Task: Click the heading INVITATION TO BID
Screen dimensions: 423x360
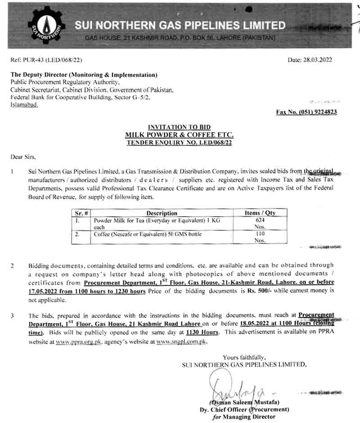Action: point(180,127)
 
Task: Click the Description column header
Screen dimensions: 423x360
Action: point(162,213)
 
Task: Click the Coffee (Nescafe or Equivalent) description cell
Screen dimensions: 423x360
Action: point(148,235)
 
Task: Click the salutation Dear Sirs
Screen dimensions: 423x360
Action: point(22,157)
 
